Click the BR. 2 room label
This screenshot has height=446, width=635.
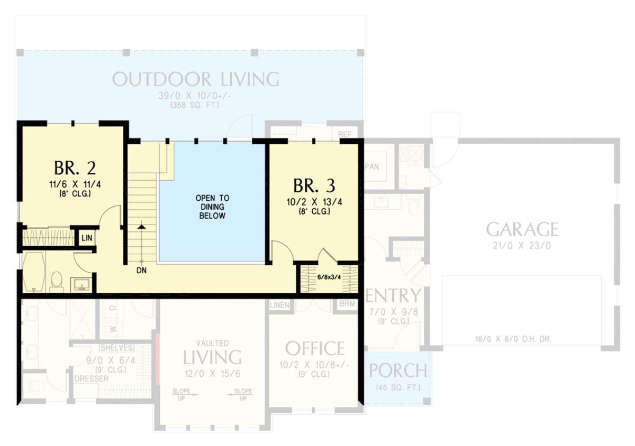[75, 168]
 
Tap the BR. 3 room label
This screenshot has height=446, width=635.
[314, 186]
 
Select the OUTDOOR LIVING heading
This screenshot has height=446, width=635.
[195, 79]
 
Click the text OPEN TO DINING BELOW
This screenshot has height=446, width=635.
[212, 207]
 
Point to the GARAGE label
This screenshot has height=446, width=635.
[522, 229]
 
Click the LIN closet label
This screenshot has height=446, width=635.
[87, 238]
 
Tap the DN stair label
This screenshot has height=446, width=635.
[141, 271]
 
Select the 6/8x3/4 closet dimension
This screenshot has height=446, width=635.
[329, 276]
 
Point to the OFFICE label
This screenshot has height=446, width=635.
[315, 349]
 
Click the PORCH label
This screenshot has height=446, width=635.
[397, 371]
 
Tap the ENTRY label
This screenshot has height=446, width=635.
[393, 296]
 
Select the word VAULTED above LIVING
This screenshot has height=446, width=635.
[212, 342]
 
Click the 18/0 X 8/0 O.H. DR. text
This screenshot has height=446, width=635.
[513, 339]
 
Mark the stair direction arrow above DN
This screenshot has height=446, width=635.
[141, 226]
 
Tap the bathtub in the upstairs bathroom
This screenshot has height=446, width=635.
[34, 271]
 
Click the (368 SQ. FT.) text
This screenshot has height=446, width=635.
[195, 106]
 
